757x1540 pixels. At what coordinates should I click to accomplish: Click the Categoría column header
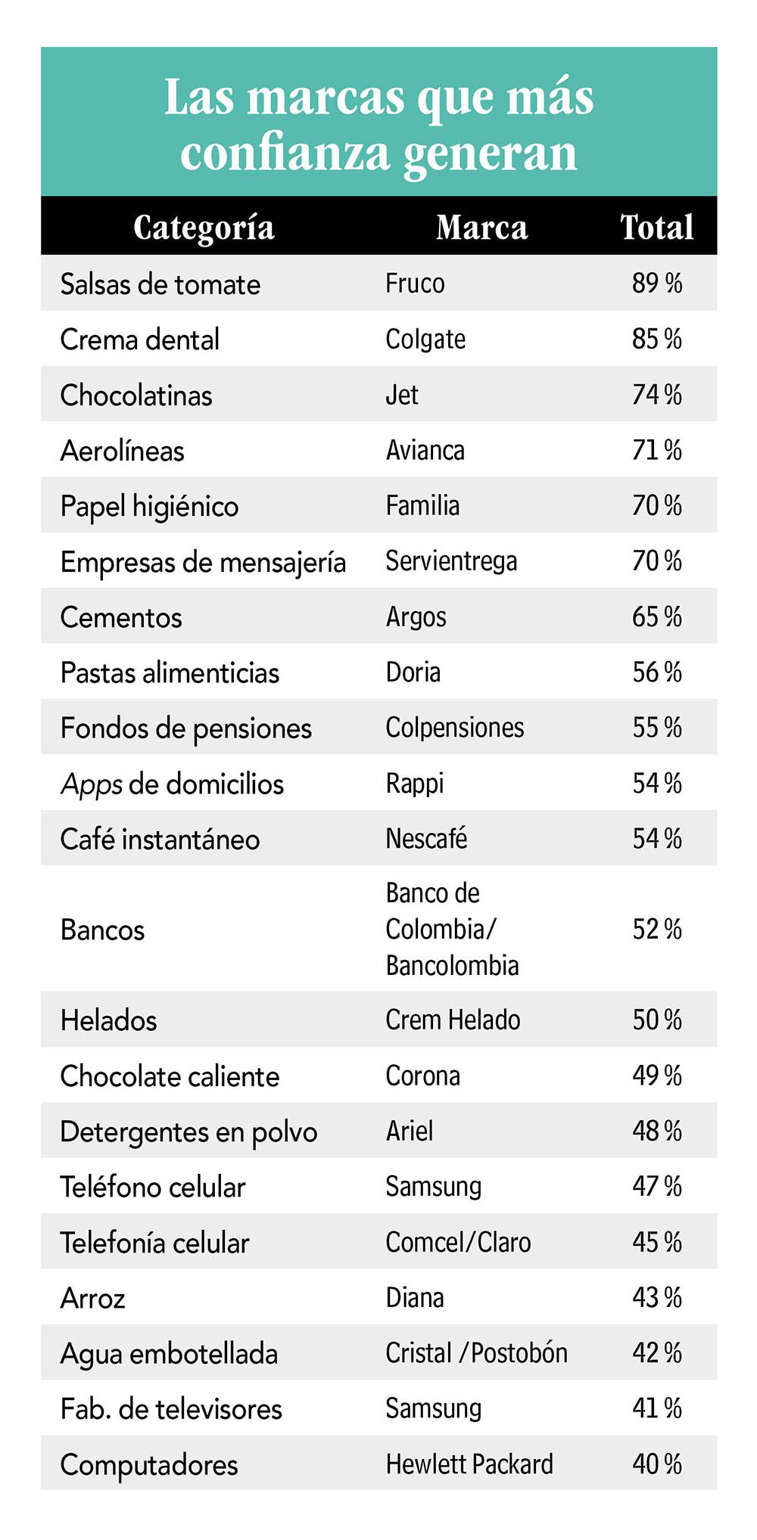[x=204, y=227]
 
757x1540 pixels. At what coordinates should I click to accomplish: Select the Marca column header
[x=481, y=227]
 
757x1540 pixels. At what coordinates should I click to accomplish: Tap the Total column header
[x=656, y=227]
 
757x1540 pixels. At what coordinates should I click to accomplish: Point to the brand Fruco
[x=415, y=284]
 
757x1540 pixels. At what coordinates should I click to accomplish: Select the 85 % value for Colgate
[x=656, y=339]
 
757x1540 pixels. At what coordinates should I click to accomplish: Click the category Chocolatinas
[x=136, y=395]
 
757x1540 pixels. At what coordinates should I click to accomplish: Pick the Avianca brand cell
[x=425, y=450]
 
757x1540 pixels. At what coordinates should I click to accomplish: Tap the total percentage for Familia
[x=656, y=505]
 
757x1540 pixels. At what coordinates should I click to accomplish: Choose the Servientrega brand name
[x=451, y=561]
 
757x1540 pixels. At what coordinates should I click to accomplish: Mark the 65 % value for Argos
[x=656, y=616]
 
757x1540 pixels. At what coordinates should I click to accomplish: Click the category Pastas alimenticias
[x=170, y=672]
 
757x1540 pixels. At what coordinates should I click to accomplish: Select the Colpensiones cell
[x=454, y=728]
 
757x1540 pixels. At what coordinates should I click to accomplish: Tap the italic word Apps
[x=91, y=784]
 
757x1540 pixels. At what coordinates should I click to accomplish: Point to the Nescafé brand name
[x=426, y=839]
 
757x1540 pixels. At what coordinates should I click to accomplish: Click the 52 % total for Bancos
[x=656, y=929]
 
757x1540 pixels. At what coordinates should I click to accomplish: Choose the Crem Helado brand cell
[x=453, y=1020]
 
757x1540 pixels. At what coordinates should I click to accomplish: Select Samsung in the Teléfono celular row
[x=433, y=1187]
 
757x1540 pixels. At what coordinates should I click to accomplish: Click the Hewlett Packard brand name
[x=469, y=1464]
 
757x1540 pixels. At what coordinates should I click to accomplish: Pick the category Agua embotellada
[x=169, y=1354]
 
